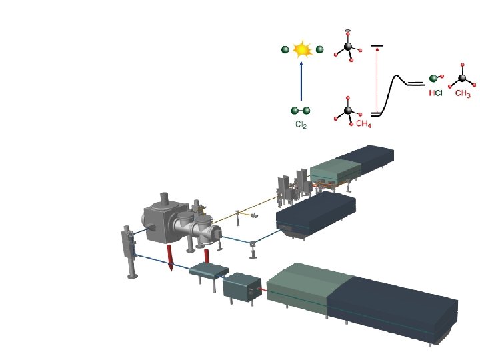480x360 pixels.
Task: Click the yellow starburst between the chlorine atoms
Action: click(302, 49)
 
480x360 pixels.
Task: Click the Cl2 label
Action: click(301, 125)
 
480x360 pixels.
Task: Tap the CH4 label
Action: click(363, 124)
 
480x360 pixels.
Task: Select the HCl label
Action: click(435, 94)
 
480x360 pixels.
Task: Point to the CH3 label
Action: click(463, 94)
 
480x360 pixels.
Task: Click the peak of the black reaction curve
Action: click(399, 77)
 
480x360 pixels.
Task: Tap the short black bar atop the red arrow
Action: click(377, 45)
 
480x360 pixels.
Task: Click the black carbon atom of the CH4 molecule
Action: click(347, 111)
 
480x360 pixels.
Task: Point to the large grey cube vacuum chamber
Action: click(162, 217)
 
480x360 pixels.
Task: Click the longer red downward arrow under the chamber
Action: click(171, 257)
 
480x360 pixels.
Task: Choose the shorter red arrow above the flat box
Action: click(207, 256)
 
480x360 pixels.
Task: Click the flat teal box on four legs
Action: click(209, 270)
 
